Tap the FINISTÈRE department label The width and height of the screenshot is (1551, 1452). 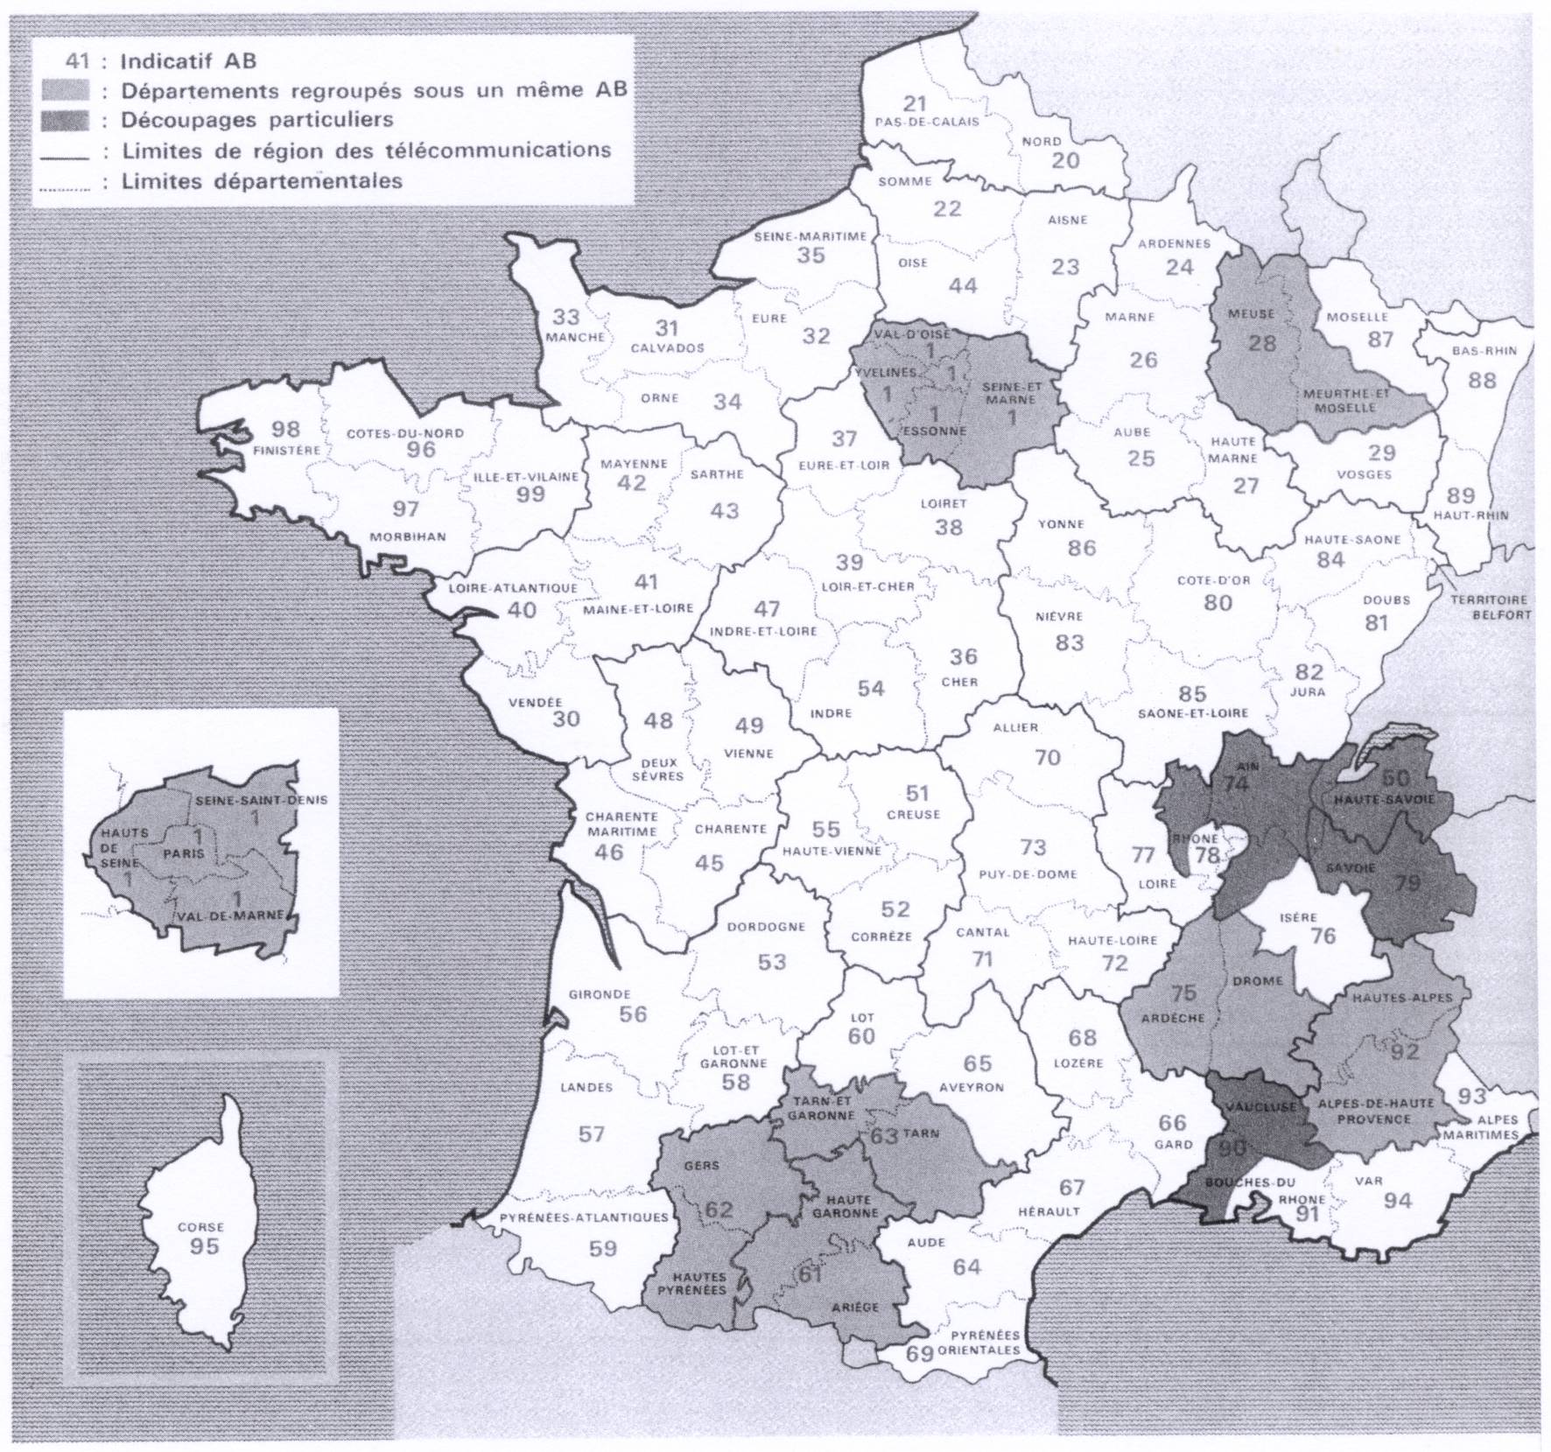286,450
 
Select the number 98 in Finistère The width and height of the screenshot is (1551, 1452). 285,430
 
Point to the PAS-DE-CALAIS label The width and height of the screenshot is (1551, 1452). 927,122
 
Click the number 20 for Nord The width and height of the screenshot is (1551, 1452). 1065,160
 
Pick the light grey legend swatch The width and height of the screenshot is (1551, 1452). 65,90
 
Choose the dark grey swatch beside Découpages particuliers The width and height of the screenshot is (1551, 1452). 65,120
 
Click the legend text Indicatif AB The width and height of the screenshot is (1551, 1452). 188,61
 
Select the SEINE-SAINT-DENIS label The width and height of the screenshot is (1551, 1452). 261,800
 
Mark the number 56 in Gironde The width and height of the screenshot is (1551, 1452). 633,1014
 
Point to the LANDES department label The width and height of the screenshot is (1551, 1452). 586,1087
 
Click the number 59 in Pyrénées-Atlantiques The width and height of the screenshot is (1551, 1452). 603,1248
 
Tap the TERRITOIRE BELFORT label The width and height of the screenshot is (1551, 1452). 1488,607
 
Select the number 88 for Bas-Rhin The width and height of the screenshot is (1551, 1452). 1482,381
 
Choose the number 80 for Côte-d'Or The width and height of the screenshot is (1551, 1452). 1218,602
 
